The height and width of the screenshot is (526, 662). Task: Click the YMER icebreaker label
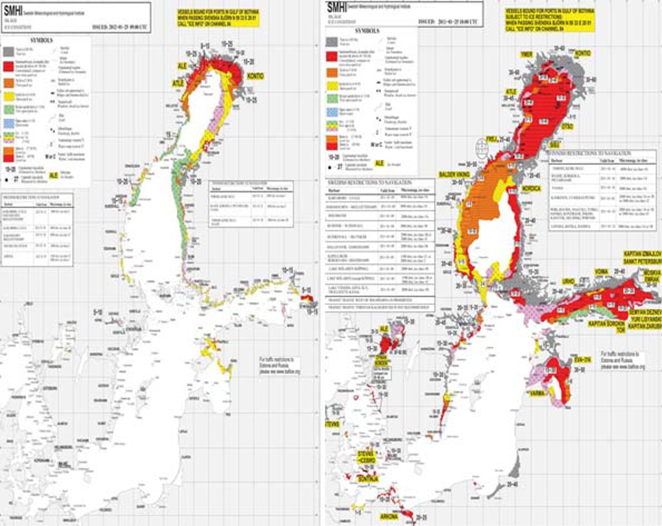point(526,55)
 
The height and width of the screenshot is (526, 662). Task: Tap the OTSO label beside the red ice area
point(567,127)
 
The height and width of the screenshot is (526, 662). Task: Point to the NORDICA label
point(531,189)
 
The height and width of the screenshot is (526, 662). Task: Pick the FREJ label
point(492,139)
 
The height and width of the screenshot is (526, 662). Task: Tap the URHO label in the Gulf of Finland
point(569,282)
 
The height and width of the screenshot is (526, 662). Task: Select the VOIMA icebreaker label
point(602,271)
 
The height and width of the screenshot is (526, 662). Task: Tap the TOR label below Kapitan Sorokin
point(620,330)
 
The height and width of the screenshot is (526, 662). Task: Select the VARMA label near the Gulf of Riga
point(537,394)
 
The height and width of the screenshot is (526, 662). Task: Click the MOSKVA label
point(652,272)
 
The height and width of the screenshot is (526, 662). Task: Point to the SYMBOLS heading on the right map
point(367,31)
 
